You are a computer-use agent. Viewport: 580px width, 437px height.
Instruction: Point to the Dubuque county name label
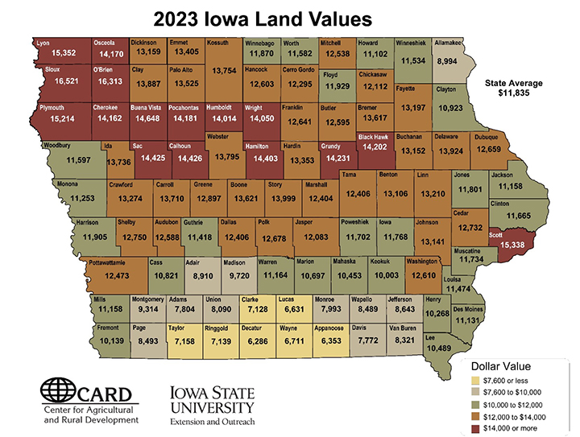coord(487,136)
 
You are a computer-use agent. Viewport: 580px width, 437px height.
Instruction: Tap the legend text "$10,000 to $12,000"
coord(524,406)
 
